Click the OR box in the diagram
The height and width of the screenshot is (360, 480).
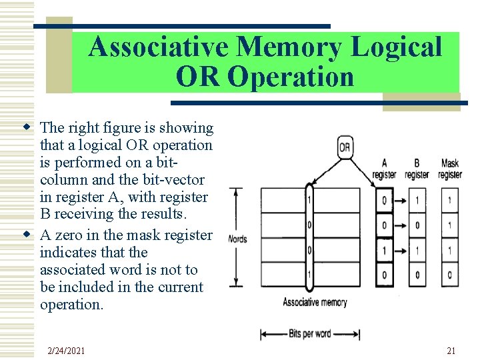(345, 147)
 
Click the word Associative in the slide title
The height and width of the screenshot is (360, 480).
(159, 47)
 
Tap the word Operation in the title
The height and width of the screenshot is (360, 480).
(290, 77)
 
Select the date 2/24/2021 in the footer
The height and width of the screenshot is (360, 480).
(67, 351)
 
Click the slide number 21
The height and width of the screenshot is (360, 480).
(451, 351)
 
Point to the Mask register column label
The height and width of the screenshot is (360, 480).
(450, 169)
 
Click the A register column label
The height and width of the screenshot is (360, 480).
(384, 169)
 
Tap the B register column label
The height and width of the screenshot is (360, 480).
(417, 169)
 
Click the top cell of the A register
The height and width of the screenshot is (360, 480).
(384, 200)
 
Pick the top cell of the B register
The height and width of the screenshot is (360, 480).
(417, 200)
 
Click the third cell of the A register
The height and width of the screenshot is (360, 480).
(384, 251)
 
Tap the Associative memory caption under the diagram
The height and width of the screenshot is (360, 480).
(315, 302)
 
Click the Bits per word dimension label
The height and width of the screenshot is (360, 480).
(310, 333)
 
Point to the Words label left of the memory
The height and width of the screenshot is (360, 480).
(237, 239)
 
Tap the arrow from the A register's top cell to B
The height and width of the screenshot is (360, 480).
(400, 200)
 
